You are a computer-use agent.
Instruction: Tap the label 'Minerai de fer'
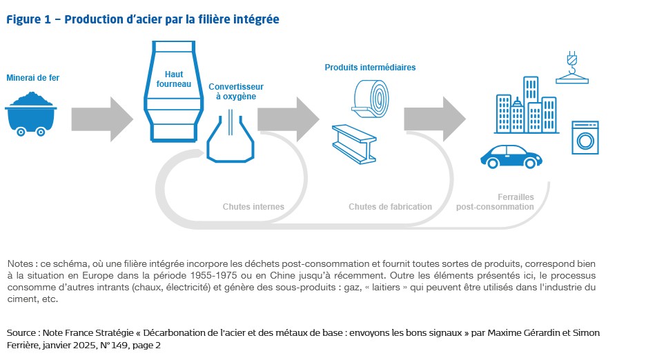32,78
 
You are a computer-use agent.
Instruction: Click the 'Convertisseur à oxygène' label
236,91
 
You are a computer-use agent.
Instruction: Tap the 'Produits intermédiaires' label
370,68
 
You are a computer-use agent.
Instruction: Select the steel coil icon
372,97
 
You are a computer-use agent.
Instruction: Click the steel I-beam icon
353,143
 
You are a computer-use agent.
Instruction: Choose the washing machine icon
584,137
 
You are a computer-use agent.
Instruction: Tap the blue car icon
509,156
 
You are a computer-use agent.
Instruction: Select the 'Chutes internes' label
253,206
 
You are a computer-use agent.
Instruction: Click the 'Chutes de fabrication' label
390,206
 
